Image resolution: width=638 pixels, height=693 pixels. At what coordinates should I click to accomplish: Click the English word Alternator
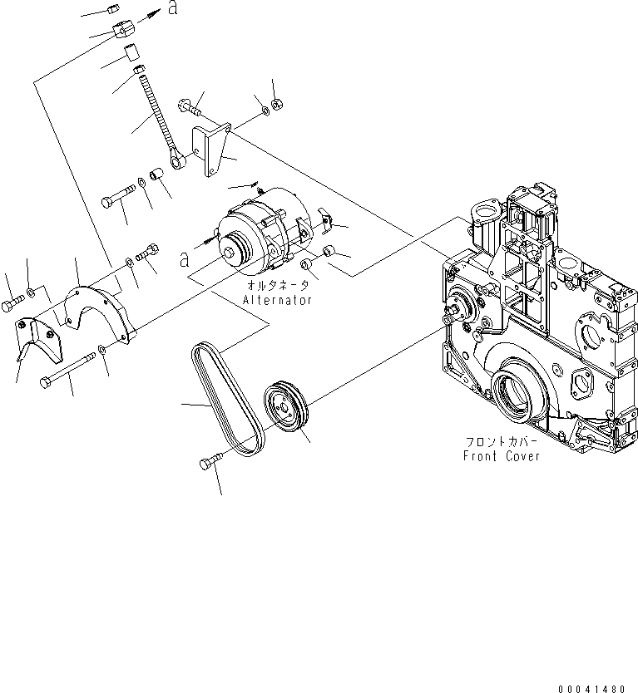pyautogui.click(x=278, y=300)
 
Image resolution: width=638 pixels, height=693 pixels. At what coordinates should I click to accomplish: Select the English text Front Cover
pyautogui.click(x=502, y=456)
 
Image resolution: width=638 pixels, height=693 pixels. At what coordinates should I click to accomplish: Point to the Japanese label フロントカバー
pyautogui.click(x=502, y=443)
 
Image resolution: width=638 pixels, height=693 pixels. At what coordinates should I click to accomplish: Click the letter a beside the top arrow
pyautogui.click(x=172, y=9)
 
